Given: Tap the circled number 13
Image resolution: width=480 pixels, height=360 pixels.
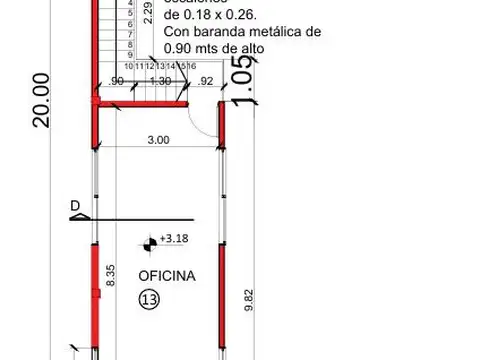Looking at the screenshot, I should [x=149, y=299].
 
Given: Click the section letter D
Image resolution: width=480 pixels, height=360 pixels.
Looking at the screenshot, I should [x=74, y=207].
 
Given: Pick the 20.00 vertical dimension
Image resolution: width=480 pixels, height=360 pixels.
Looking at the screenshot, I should [x=41, y=99].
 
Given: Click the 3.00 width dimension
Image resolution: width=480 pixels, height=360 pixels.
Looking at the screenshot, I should [x=157, y=141].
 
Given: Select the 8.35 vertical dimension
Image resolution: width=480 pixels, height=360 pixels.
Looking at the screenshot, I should [x=111, y=276].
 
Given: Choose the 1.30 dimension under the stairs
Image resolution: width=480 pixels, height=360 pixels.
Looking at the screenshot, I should [x=158, y=80].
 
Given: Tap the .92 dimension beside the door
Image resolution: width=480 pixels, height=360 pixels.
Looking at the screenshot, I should [x=206, y=80].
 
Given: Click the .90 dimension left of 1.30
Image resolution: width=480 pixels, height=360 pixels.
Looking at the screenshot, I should [x=117, y=80].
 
